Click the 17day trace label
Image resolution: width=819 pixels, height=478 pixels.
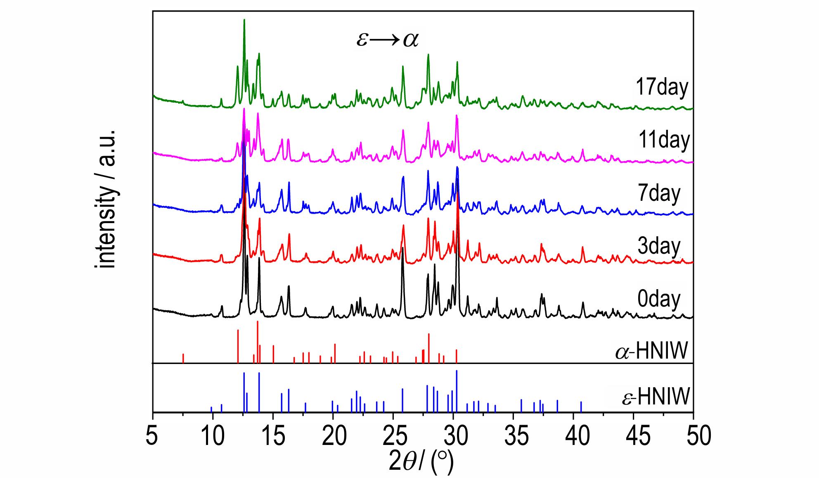click(x=662, y=87)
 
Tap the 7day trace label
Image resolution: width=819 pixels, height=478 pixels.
click(x=658, y=193)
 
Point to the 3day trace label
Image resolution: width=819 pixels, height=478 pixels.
click(x=658, y=246)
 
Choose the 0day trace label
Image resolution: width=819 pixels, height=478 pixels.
click(x=659, y=299)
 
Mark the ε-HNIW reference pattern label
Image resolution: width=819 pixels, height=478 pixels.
click(x=656, y=397)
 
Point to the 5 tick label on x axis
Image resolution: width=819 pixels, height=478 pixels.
click(x=152, y=437)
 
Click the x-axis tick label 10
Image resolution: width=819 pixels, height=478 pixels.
click(x=213, y=437)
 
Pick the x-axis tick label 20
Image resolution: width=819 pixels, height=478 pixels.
click(x=333, y=437)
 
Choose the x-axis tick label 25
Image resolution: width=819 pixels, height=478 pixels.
click(x=393, y=437)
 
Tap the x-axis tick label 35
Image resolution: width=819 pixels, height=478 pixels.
click(x=513, y=437)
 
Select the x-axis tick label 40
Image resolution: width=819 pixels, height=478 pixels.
click(x=573, y=437)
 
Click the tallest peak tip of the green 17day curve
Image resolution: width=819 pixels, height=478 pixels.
click(x=244, y=20)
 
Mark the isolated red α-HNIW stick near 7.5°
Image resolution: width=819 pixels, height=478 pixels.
click(x=183, y=358)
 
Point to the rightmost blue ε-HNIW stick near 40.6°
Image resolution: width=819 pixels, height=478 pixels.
click(x=581, y=407)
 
